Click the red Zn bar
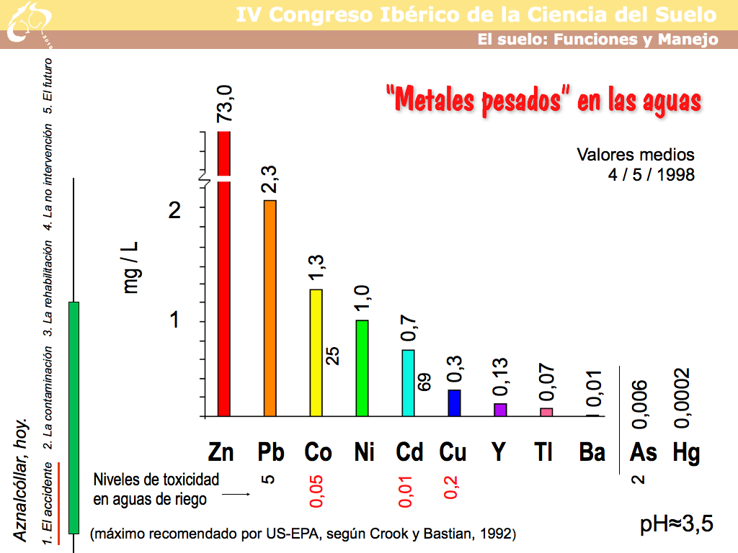(x=223, y=288)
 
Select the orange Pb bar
(x=270, y=310)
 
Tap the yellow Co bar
(x=316, y=353)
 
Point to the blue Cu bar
(x=454, y=403)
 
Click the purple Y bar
(x=500, y=410)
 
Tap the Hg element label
(x=686, y=452)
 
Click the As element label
(x=643, y=452)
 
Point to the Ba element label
(x=592, y=452)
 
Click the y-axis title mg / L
(x=132, y=266)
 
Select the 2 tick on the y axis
(x=174, y=210)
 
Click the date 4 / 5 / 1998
(x=651, y=174)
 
